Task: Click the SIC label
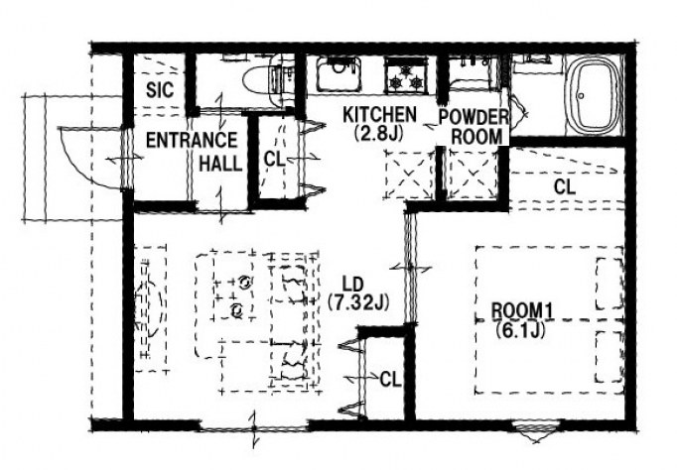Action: [160, 89]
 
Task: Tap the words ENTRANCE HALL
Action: [194, 152]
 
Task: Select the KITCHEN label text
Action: [379, 114]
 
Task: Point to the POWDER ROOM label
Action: [474, 127]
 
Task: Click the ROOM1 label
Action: [523, 311]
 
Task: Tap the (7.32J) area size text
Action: [358, 302]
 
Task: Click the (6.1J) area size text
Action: [519, 330]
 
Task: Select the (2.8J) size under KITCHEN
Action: [378, 133]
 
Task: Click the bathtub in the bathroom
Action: [594, 96]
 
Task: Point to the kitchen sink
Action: [338, 74]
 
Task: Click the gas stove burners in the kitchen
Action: [407, 76]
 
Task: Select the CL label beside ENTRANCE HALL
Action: [274, 160]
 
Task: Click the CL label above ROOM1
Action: [565, 187]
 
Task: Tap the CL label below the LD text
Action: [391, 380]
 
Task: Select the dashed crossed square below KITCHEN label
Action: [409, 175]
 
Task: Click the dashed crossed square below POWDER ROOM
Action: [473, 175]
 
